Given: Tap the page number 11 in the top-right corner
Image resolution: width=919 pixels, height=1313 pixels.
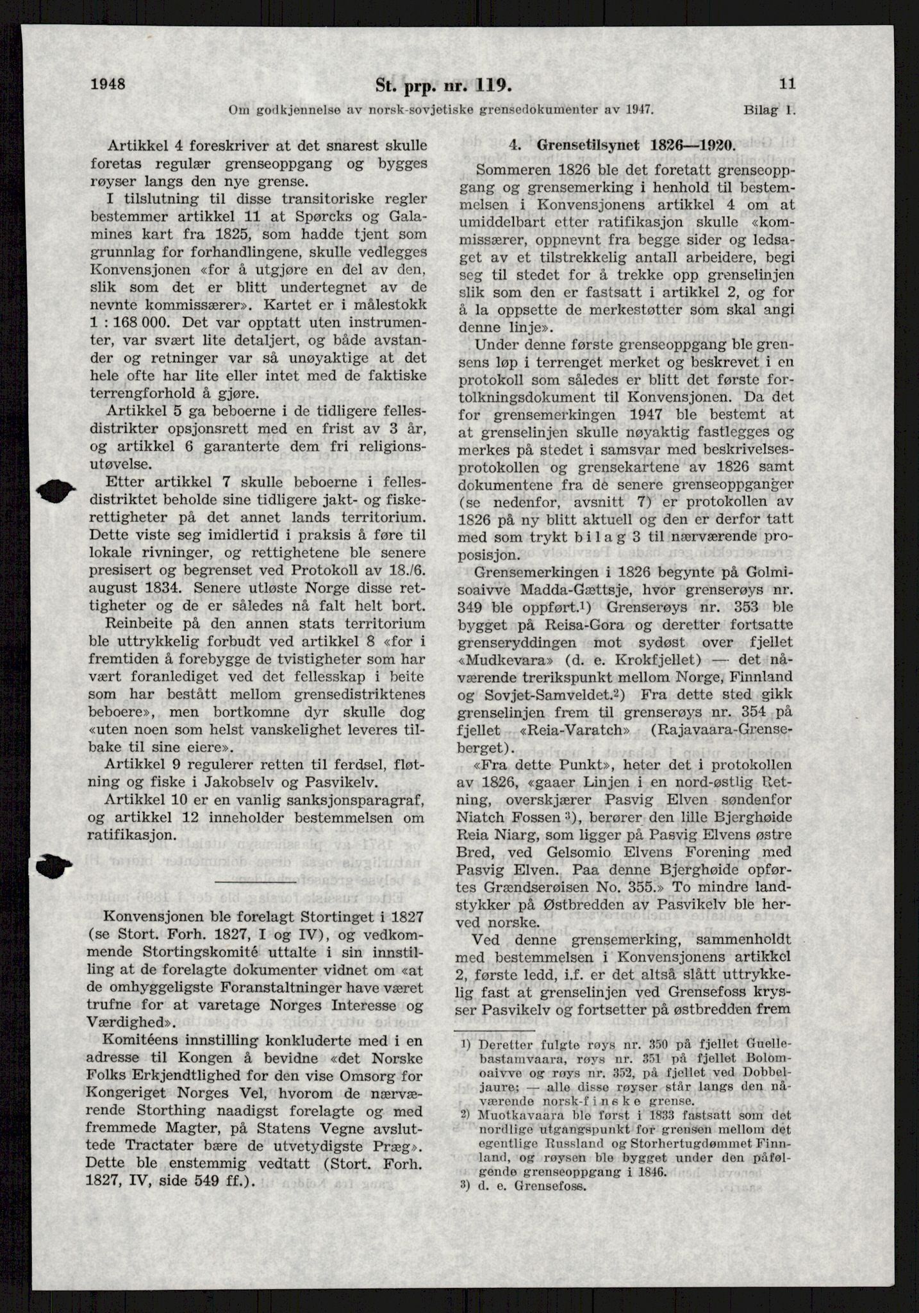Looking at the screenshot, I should pyautogui.click(x=787, y=83).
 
